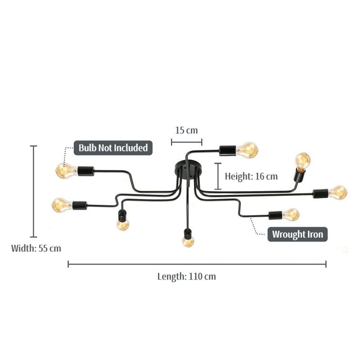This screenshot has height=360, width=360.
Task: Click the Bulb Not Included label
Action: (x=113, y=148)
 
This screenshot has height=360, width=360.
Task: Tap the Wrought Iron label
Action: (x=297, y=234)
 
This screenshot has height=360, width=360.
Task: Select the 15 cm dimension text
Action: (x=186, y=130)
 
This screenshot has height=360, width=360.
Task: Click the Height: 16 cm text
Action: (x=251, y=176)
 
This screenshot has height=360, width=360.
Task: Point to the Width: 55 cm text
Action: (x=36, y=248)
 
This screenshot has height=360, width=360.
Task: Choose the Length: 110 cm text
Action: (x=187, y=276)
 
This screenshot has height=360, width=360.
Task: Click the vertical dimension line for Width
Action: (x=33, y=191)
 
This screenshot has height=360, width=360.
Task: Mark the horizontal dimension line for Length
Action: (x=197, y=264)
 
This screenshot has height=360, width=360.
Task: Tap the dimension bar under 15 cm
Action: (x=186, y=142)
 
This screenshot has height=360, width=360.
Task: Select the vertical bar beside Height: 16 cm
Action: (x=218, y=176)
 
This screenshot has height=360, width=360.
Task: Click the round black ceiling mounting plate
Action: (x=189, y=170)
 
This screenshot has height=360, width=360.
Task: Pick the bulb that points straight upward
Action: (x=302, y=161)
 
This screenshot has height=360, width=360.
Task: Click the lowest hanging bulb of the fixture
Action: (x=188, y=241)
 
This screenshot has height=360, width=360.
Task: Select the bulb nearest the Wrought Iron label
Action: (x=291, y=215)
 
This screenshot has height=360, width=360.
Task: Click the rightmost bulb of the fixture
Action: (x=338, y=193)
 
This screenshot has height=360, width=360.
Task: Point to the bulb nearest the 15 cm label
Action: (x=247, y=150)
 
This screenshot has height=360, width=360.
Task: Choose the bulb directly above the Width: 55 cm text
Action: (x=62, y=205)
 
